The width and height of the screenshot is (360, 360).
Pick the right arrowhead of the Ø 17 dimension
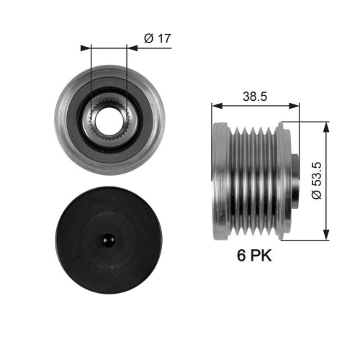click(132, 49)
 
